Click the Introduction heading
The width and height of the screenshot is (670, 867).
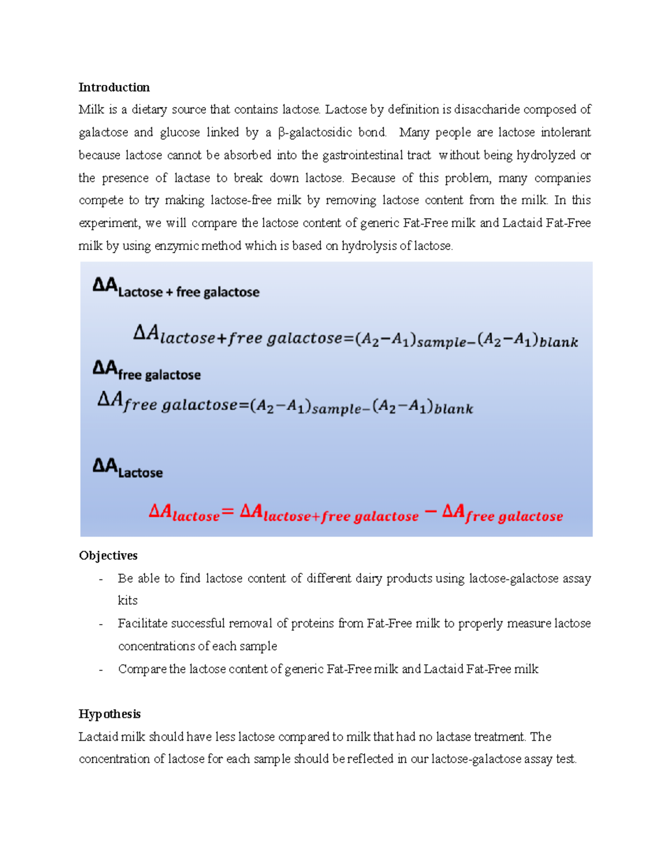coord(114,87)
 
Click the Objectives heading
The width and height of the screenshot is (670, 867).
coord(108,555)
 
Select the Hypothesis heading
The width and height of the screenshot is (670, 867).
coord(109,714)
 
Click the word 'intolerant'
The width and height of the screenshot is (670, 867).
coord(565,132)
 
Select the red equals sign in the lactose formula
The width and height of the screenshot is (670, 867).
coord(228,511)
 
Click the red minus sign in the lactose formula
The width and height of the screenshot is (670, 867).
coord(430,511)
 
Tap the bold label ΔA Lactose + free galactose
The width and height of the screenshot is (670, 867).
coord(176,289)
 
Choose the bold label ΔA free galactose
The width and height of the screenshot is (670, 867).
coord(146,371)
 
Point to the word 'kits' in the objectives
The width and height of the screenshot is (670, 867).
coord(127,601)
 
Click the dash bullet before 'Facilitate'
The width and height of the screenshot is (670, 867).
coord(100,624)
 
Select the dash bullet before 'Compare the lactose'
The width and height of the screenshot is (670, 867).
coord(100,669)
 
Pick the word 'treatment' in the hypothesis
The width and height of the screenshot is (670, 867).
coord(499,737)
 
